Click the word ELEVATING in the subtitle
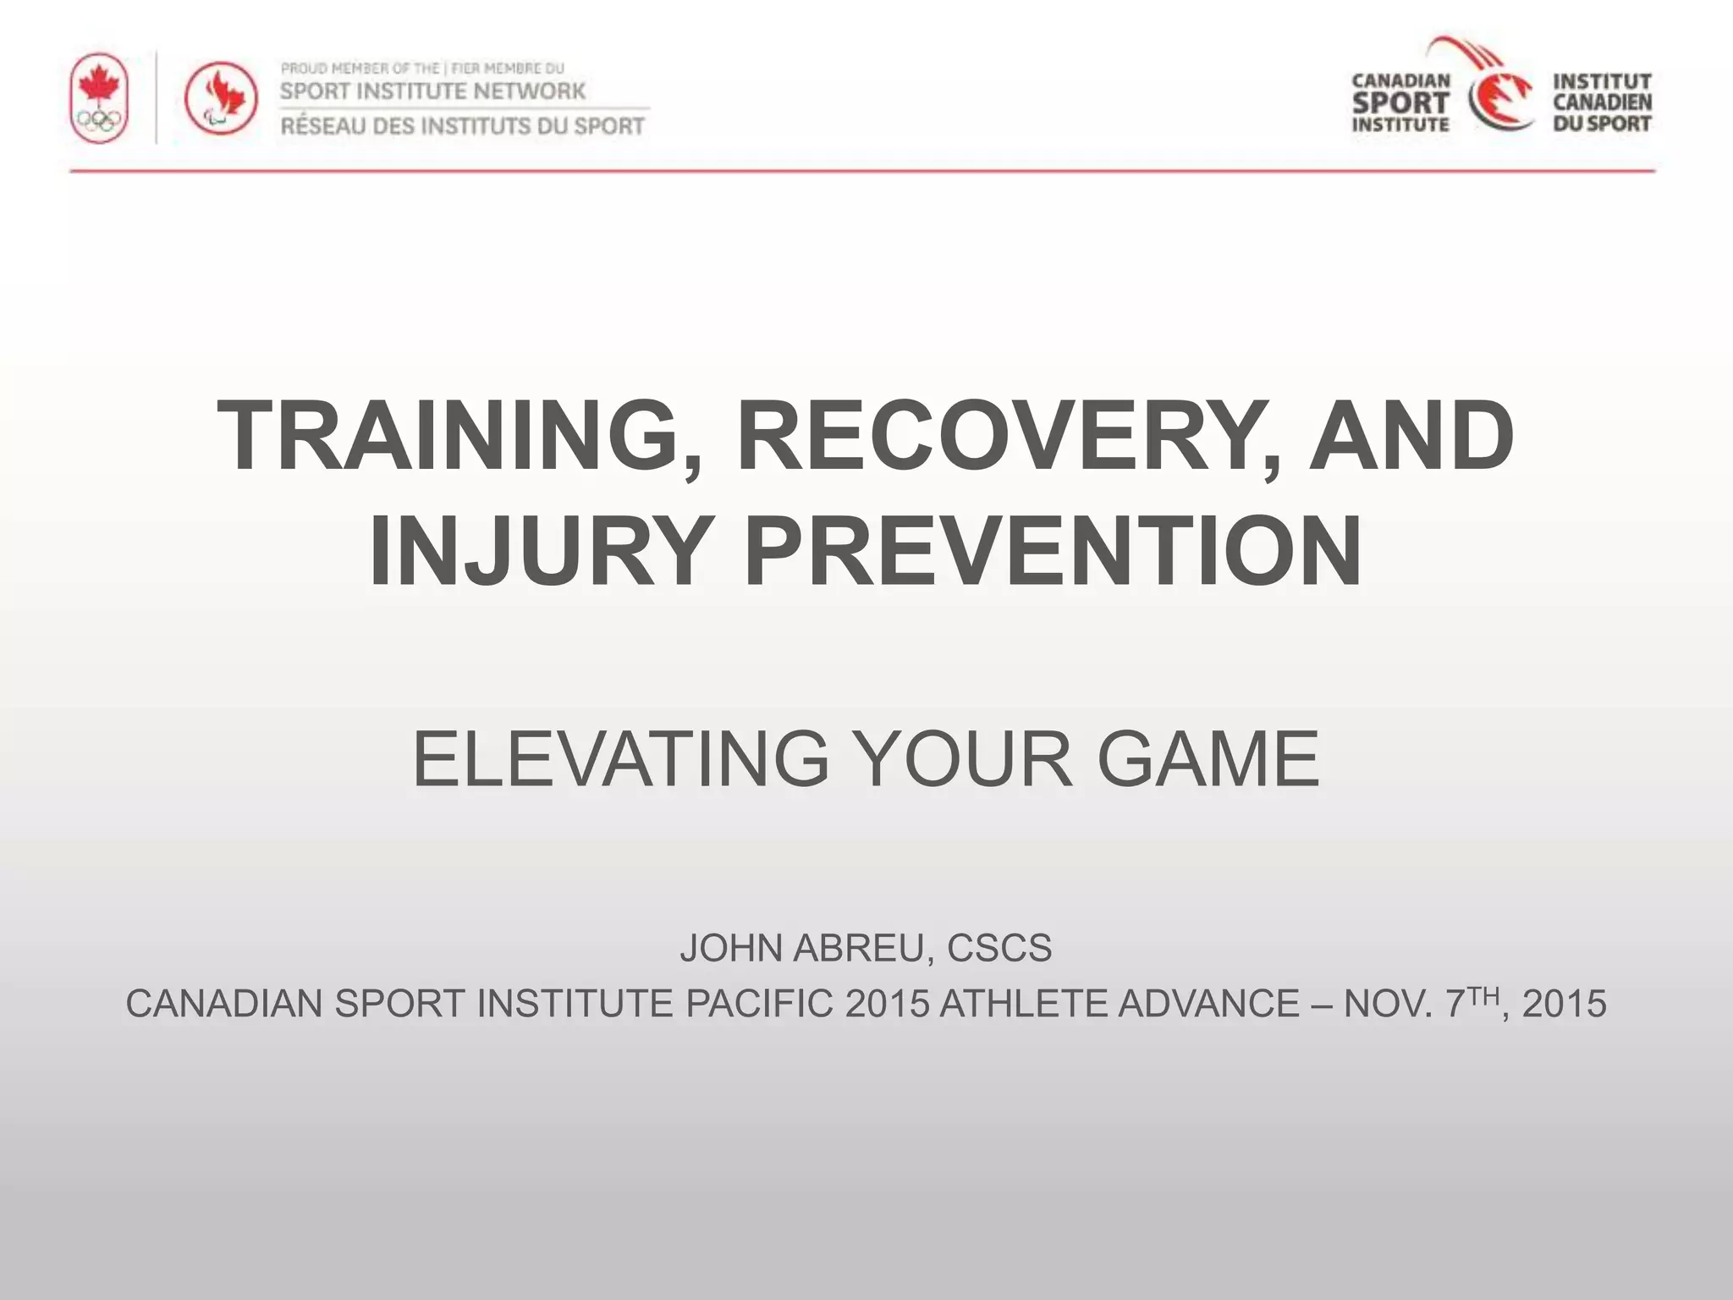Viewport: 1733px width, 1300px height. tap(620, 758)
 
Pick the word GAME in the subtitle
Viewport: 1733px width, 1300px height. tap(1208, 758)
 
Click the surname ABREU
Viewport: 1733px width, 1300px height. tap(855, 949)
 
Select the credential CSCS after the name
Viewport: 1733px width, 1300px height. tap(999, 949)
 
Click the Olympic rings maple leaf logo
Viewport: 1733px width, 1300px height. tap(99, 99)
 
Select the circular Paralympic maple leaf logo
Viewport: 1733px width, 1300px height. tap(221, 99)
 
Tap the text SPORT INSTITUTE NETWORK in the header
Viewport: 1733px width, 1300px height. tap(432, 91)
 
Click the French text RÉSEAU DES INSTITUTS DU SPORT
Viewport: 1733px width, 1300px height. tap(463, 127)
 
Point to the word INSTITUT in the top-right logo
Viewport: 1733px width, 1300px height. tap(1602, 82)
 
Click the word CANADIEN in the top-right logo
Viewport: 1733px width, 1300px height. tap(1602, 102)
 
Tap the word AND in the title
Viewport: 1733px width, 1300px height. tap(1411, 436)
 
